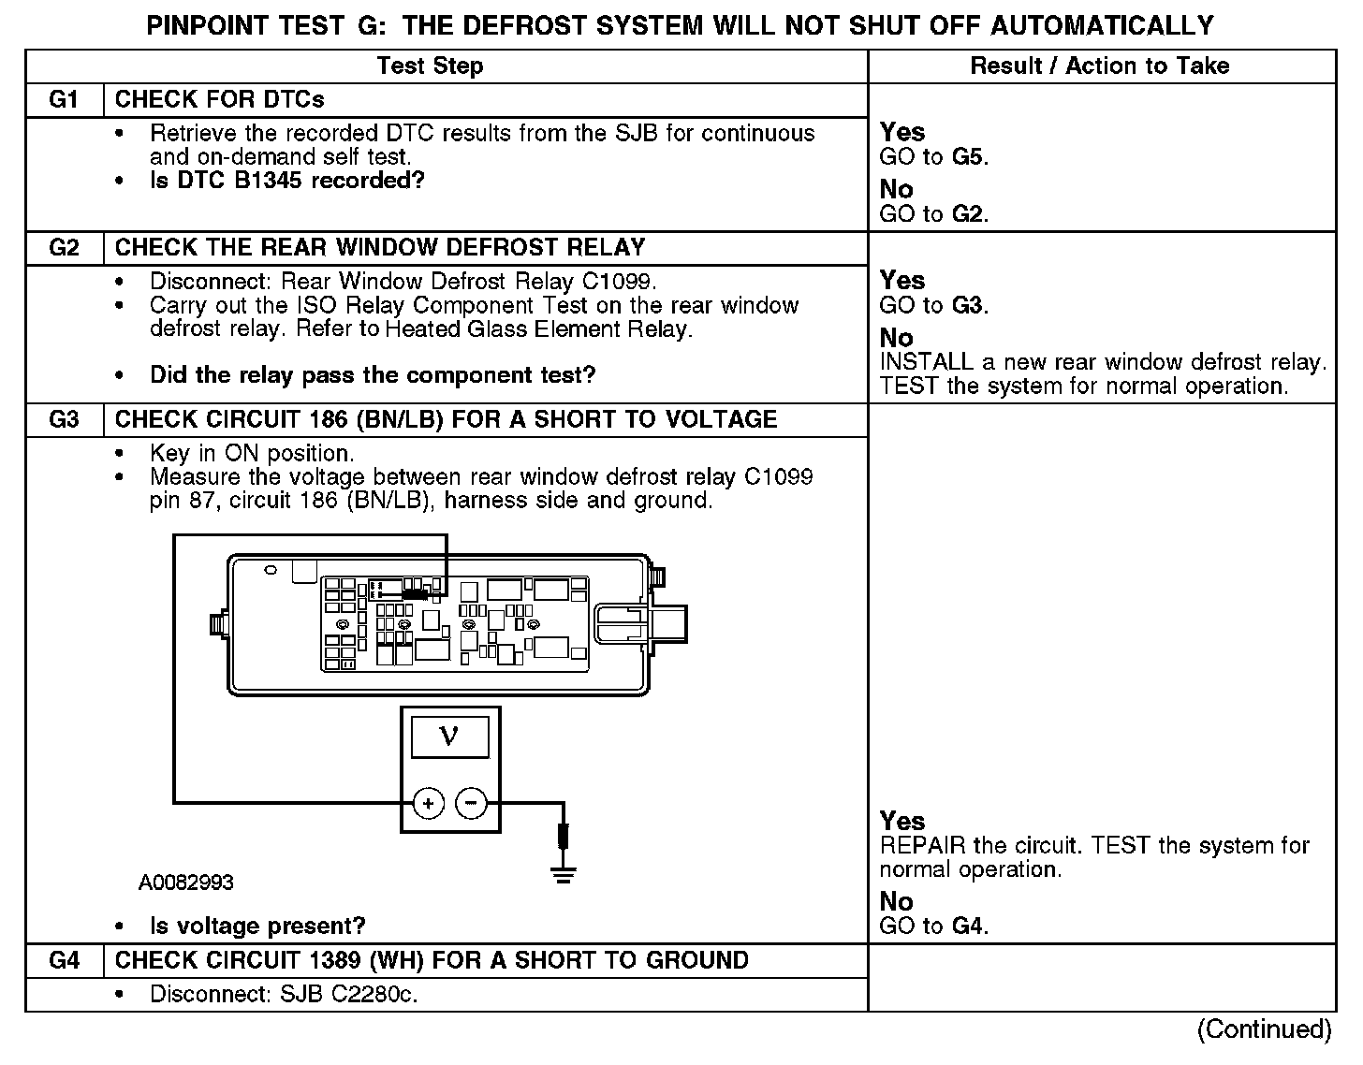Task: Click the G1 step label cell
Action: click(x=63, y=100)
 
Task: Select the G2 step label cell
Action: click(x=63, y=248)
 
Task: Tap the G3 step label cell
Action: click(x=63, y=420)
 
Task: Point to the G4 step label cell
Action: click(x=63, y=961)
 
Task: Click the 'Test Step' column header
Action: click(x=430, y=66)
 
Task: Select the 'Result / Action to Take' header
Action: click(x=1100, y=66)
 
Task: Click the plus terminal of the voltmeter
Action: click(x=428, y=803)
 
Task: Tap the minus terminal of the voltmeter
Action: click(x=471, y=803)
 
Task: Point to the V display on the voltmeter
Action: click(x=449, y=737)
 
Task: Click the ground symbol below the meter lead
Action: click(x=563, y=875)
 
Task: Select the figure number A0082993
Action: click(x=186, y=883)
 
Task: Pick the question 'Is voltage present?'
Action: click(x=257, y=926)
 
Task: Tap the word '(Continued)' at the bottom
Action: click(x=1264, y=1029)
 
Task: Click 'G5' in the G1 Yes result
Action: click(x=969, y=157)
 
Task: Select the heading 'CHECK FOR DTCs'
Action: click(x=220, y=100)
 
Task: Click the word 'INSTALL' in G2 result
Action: click(x=926, y=362)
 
